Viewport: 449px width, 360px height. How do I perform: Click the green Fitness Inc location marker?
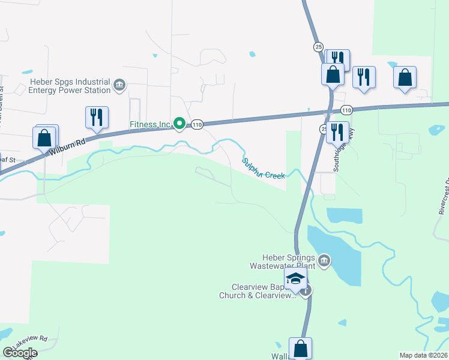click(179, 124)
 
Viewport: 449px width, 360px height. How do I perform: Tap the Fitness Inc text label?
click(149, 125)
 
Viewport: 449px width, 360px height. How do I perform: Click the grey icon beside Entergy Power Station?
click(119, 86)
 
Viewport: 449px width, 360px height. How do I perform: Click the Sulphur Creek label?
click(263, 169)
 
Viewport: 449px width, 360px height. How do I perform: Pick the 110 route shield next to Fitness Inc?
click(197, 124)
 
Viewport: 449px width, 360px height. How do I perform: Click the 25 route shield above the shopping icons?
click(318, 47)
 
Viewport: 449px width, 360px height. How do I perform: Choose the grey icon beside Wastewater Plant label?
click(324, 260)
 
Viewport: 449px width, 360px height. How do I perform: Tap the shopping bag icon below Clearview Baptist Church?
click(300, 347)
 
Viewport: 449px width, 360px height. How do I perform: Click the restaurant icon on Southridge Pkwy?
click(337, 131)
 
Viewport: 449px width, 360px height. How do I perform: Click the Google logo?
click(20, 353)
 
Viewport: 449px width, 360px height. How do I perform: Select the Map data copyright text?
click(424, 355)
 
